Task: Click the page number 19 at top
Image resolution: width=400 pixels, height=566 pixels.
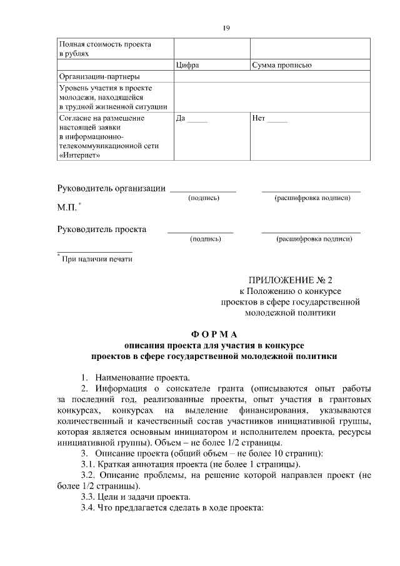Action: (226, 28)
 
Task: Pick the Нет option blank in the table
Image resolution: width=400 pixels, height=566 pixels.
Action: (269, 118)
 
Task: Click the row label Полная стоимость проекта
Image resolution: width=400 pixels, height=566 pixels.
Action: (105, 44)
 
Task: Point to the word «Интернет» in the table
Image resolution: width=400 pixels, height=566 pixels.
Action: (79, 155)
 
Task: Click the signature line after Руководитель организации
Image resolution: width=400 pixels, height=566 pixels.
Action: (203, 190)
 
